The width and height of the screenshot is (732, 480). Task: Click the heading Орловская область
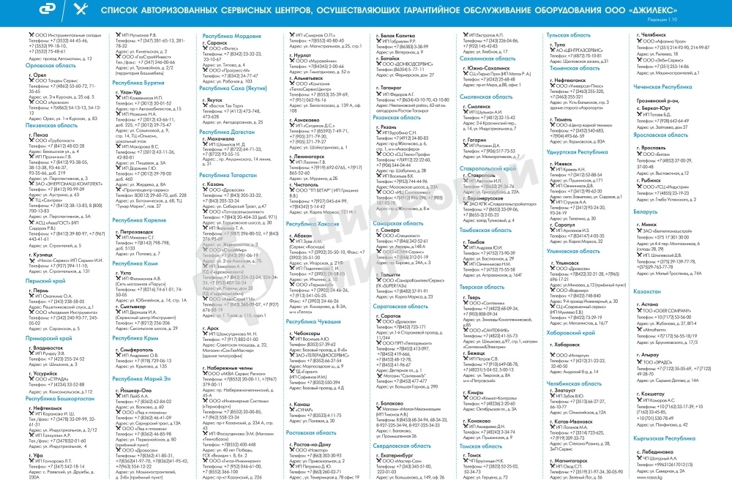[x=50, y=64]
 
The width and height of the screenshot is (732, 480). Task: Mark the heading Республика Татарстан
[x=229, y=176]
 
